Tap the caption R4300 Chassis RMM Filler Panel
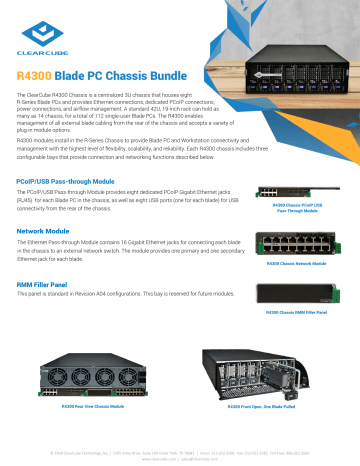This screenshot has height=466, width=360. pyautogui.click(x=295, y=313)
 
